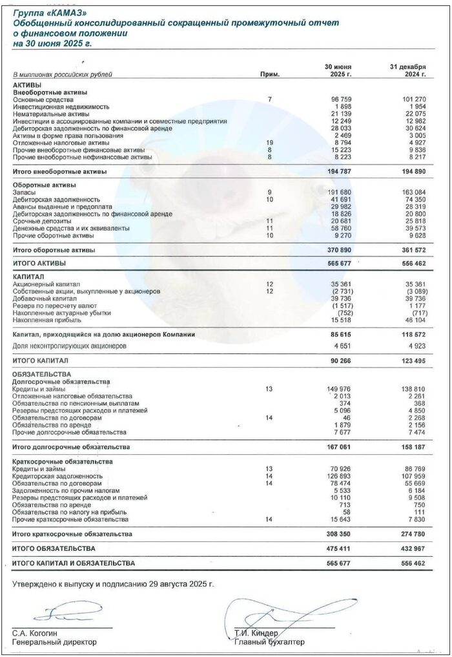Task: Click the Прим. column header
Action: click(269, 74)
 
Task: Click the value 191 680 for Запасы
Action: click(342, 193)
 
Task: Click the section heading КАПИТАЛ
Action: click(27, 276)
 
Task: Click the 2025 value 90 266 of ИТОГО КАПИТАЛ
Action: click(344, 360)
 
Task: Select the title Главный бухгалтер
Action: click(270, 642)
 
